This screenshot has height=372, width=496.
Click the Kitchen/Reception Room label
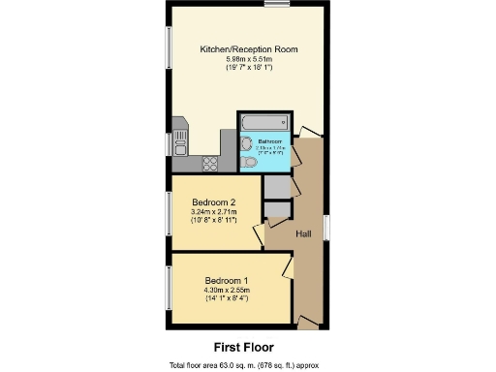248,48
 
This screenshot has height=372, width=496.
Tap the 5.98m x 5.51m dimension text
248,59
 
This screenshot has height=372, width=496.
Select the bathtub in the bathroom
263,123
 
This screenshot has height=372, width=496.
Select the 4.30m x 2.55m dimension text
227,290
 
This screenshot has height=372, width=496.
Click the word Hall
303,233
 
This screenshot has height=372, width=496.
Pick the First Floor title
243,346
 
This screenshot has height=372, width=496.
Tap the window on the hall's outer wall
325,226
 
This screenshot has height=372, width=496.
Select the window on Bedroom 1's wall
169,289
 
